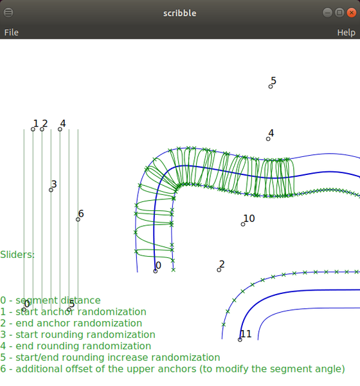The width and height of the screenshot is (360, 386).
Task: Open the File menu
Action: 12,33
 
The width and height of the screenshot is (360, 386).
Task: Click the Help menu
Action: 346,33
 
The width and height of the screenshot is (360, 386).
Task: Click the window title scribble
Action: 180,13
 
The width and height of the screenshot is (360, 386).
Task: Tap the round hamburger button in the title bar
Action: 8,12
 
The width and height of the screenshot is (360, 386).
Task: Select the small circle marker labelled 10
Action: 243,225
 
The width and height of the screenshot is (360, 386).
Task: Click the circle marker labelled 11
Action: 240,340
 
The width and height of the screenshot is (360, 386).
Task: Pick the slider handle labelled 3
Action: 51,190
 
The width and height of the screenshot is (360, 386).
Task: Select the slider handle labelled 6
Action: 78,219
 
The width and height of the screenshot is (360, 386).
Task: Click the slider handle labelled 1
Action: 33,129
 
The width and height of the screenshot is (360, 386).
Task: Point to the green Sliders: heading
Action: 17,255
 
